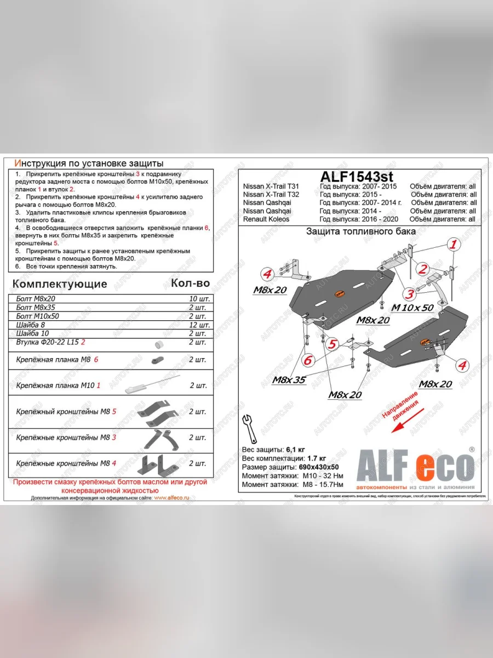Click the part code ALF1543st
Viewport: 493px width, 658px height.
pyautogui.click(x=356, y=177)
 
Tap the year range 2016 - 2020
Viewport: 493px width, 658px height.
pyautogui.click(x=360, y=219)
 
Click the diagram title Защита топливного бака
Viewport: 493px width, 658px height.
pyautogui.click(x=360, y=231)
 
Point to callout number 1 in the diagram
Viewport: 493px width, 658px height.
pyautogui.click(x=454, y=246)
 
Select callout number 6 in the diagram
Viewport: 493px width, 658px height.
pyautogui.click(x=308, y=360)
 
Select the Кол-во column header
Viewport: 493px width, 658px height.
pyautogui.click(x=190, y=283)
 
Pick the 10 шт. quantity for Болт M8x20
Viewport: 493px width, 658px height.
pyautogui.click(x=198, y=299)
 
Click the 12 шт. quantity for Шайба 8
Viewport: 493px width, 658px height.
pyautogui.click(x=198, y=325)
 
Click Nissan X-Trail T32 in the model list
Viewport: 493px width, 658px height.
pyautogui.click(x=271, y=195)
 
